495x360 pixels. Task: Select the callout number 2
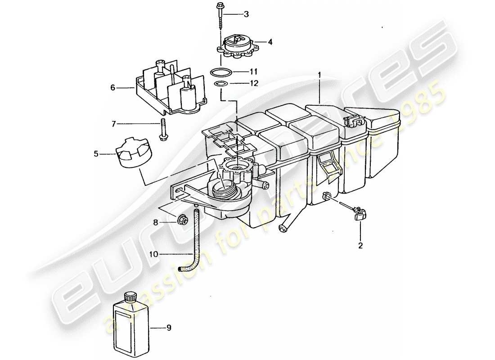(360, 246)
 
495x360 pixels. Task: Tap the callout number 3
(246, 14)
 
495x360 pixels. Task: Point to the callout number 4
(270, 42)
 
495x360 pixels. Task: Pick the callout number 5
(96, 154)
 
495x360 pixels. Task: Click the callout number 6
(113, 88)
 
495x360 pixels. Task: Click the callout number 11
(254, 72)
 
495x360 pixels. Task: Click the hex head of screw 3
(221, 6)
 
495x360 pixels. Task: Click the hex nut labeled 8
(183, 220)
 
